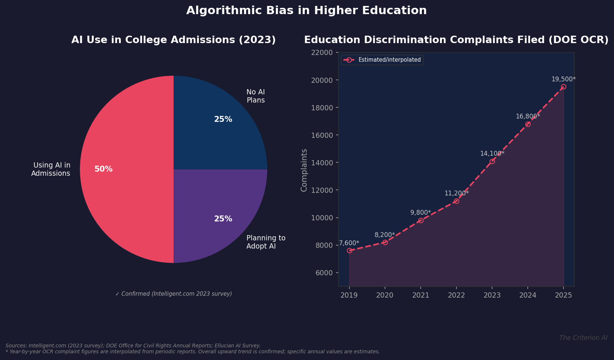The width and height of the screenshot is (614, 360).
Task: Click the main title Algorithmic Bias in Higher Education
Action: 306,10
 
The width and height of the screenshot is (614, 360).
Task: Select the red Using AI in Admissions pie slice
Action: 126,186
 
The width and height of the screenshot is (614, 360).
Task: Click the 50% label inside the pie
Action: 103,169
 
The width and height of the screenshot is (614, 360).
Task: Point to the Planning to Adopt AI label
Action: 266,242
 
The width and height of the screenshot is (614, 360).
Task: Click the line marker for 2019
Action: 349,250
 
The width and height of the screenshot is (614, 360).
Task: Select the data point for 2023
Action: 492,161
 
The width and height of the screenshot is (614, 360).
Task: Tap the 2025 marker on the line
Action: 563,87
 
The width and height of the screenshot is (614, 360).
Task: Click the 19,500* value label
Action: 563,79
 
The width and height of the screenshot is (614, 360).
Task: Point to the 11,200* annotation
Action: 456,193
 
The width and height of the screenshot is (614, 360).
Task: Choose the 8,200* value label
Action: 385,235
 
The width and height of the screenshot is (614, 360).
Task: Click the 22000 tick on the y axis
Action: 322,52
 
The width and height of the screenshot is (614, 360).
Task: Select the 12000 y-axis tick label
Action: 322,190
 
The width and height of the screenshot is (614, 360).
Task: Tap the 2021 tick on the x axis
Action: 421,295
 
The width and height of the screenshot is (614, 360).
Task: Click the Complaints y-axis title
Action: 304,170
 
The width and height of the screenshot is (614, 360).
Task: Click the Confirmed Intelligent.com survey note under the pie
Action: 174,294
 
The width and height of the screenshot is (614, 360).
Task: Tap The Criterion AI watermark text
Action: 583,338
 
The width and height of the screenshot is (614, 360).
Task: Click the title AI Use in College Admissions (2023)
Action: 174,40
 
